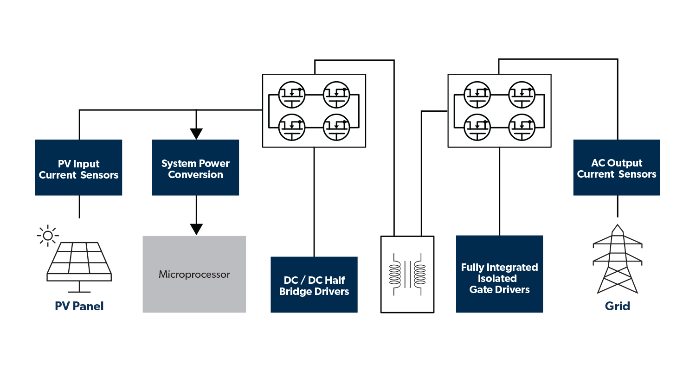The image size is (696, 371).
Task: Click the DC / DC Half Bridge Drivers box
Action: coord(314,285)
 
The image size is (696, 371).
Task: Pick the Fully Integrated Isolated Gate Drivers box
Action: coord(499,274)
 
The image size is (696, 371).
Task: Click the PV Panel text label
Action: coord(79,306)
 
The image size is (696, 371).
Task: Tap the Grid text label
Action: coord(617,306)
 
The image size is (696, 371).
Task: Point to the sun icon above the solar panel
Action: coord(47,236)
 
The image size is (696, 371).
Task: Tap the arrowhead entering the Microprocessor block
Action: coord(196,229)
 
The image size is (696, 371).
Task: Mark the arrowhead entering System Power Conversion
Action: coord(196,134)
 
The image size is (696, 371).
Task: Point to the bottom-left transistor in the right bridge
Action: coord(477,126)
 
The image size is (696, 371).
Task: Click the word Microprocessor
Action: coord(194,275)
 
